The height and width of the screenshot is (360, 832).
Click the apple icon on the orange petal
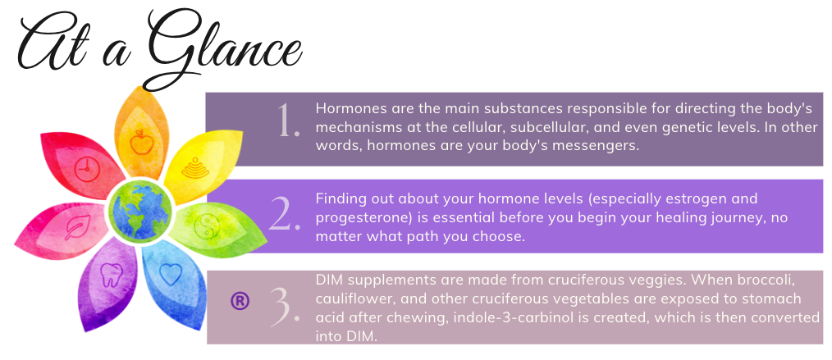click(x=141, y=142)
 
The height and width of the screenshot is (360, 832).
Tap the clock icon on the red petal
click(x=87, y=170)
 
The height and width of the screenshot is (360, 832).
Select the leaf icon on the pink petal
click(x=77, y=227)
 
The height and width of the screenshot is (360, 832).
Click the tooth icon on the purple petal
click(x=112, y=276)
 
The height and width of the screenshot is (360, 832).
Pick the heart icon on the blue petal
click(x=171, y=274)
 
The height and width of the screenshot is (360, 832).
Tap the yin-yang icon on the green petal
click(x=206, y=227)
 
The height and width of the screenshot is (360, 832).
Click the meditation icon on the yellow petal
click(x=194, y=167)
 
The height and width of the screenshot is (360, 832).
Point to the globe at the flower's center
click(x=140, y=211)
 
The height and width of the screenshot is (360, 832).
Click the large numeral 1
click(x=288, y=121)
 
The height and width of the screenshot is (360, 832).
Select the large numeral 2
click(x=285, y=215)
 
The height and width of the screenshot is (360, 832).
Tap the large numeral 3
click(x=285, y=308)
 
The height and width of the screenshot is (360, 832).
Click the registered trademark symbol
click(x=240, y=301)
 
